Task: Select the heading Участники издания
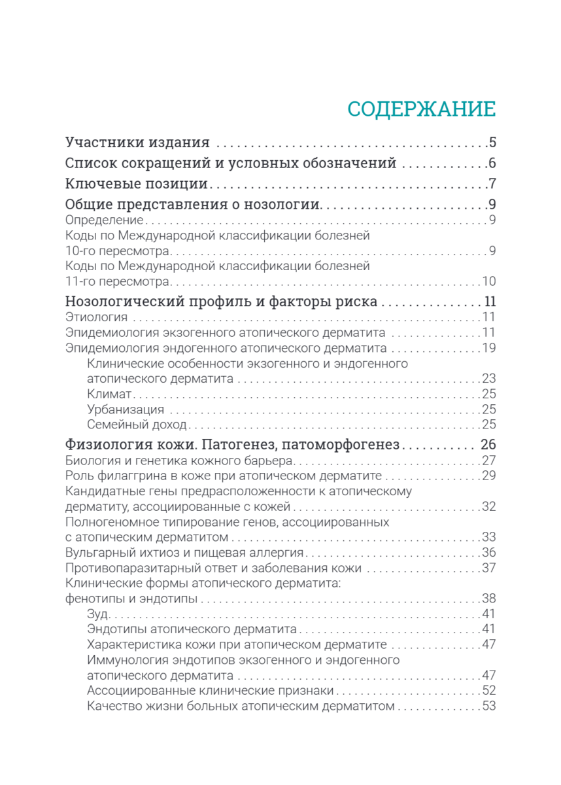[x=137, y=143]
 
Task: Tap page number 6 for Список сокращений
[x=492, y=164]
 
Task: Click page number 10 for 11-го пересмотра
[x=489, y=282]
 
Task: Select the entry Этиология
[x=96, y=317]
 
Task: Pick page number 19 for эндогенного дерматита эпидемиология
[x=489, y=348]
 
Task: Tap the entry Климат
[x=109, y=394]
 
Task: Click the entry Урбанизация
[x=125, y=410]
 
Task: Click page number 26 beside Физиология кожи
[x=488, y=445]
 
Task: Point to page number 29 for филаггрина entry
[x=489, y=476]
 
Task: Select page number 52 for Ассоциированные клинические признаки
[x=489, y=691]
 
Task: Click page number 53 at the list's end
[x=489, y=706]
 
